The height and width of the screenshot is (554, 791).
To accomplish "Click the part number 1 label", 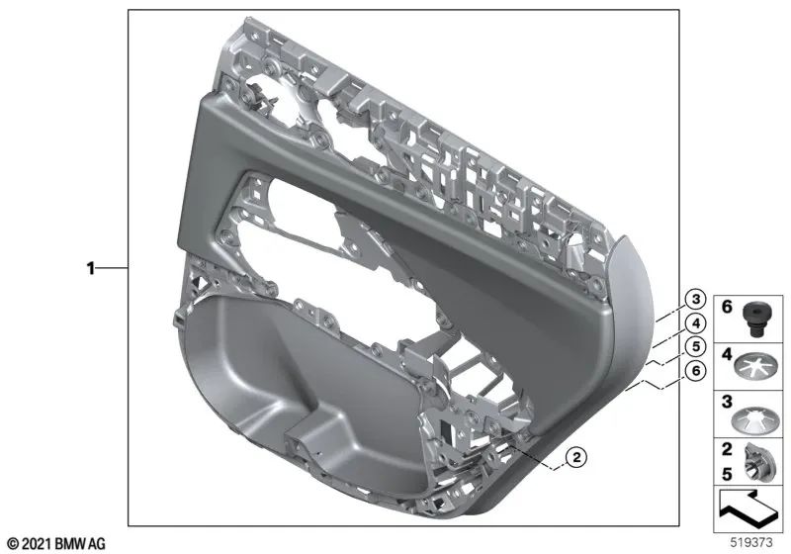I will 90,268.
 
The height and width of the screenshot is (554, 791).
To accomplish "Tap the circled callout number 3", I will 696,299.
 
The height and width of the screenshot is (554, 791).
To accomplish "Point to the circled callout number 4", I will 696,323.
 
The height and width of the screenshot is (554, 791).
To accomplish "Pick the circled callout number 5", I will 696,346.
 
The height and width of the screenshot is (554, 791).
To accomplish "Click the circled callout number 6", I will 696,370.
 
